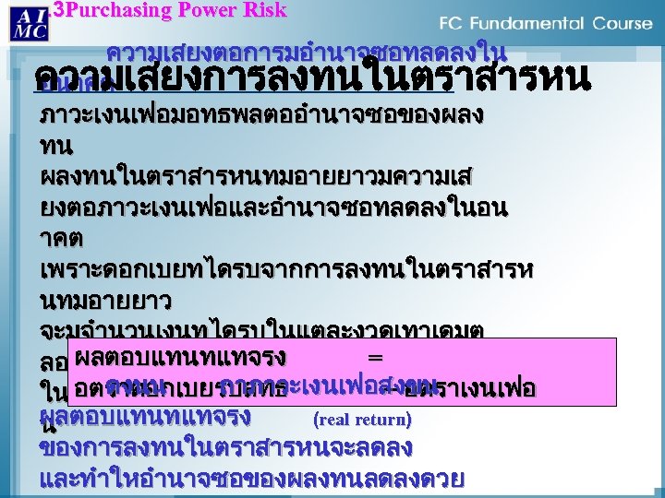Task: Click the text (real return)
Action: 362,420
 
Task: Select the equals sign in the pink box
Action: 374,356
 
